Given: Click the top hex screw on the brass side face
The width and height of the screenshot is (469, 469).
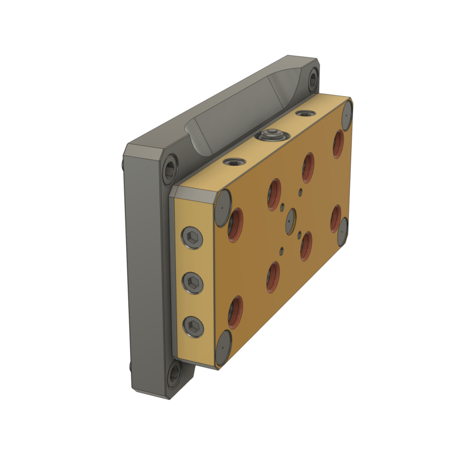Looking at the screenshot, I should [193, 238].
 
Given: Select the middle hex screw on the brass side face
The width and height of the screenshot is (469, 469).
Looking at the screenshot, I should [193, 283].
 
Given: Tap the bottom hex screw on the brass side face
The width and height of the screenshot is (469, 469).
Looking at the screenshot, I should [193, 327].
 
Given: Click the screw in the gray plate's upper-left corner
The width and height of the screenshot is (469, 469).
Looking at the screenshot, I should [169, 169].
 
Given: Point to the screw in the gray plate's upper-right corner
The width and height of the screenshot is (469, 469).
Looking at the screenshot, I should [313, 79].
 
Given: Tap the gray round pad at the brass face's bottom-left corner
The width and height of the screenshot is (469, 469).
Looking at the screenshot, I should [223, 348].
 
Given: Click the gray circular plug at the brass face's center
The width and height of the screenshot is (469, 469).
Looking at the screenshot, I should [291, 221].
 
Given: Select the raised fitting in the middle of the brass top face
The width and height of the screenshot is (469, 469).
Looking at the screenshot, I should [271, 135].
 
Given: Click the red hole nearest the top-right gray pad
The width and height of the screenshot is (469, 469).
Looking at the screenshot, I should [338, 144].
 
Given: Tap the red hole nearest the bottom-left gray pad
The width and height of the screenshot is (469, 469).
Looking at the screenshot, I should [236, 311].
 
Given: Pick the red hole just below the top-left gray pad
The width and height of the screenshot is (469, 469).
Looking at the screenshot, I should [236, 223].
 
